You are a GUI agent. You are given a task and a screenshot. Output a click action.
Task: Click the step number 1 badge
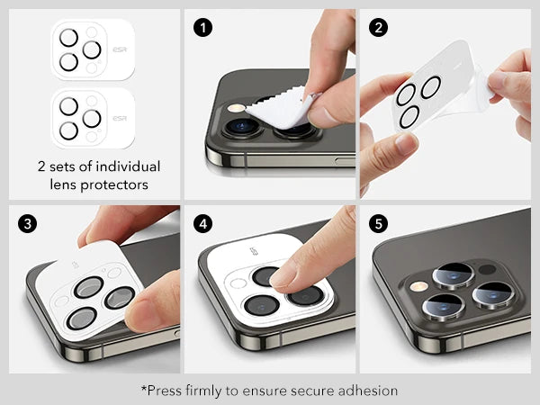(202, 28)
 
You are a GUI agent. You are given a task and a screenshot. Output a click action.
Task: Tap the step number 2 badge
(379, 28)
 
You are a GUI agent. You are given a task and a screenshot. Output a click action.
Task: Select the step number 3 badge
(28, 224)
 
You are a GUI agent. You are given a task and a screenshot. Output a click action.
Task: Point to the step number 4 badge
(202, 224)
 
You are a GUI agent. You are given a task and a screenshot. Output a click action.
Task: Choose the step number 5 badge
(379, 224)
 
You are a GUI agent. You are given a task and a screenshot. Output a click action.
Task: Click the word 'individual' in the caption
(128, 166)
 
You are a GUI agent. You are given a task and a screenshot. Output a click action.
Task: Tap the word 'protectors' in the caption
(114, 184)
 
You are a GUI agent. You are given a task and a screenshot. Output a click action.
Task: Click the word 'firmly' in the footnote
(203, 391)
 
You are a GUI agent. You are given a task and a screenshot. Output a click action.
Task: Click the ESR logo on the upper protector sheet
(120, 49)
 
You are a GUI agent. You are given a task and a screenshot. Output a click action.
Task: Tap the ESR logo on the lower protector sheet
(120, 119)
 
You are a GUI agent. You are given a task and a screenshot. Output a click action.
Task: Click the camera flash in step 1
(236, 109)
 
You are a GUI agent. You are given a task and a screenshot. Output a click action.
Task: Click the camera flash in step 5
(418, 286)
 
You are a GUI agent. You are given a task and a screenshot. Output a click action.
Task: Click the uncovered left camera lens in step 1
(243, 127)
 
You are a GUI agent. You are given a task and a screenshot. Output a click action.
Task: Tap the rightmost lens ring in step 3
(120, 298)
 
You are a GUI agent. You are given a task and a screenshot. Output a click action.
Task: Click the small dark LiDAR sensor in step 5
(487, 269)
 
